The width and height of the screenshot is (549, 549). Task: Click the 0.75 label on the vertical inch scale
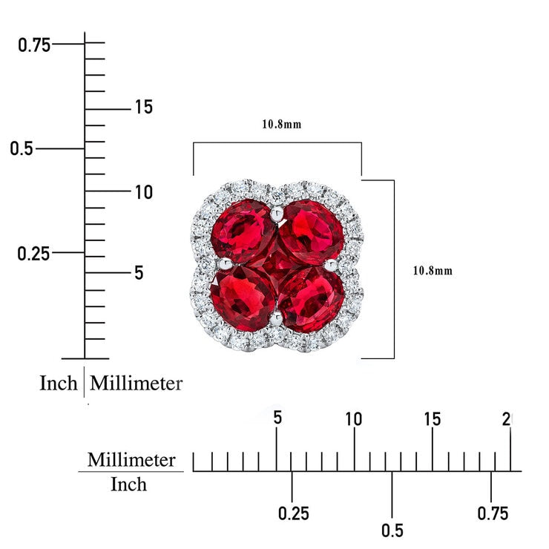pos(34,45)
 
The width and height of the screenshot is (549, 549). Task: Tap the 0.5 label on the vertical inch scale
pos(22,148)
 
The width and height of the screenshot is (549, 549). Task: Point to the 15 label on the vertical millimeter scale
pos(144,107)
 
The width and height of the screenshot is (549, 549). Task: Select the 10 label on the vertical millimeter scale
pos(144,192)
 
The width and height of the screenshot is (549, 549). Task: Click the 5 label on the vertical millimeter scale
pos(139,272)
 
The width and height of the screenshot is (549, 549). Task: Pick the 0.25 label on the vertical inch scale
pos(33,253)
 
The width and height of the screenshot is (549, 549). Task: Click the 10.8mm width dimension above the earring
pos(282,125)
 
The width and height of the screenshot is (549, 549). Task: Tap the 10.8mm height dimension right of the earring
pos(433,271)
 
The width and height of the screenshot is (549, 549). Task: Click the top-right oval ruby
pos(312,231)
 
